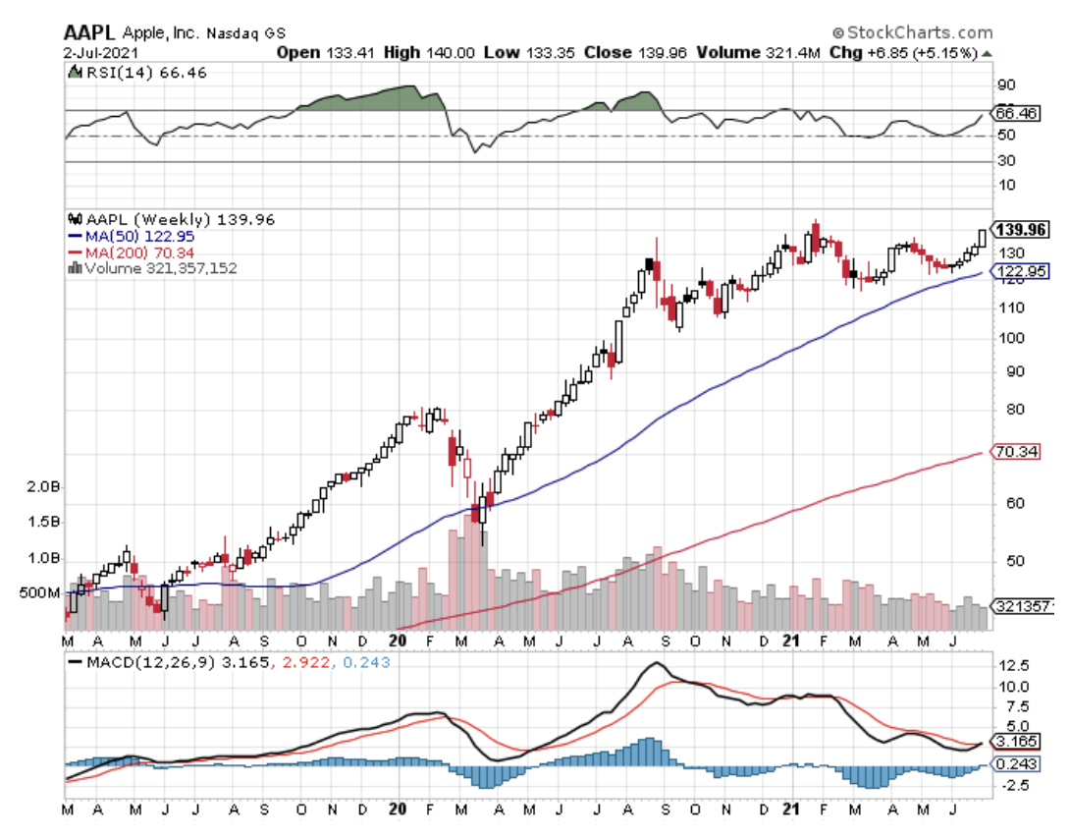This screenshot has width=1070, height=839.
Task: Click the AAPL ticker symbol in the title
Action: click(x=90, y=32)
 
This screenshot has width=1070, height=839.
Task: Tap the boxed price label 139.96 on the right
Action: click(x=1022, y=230)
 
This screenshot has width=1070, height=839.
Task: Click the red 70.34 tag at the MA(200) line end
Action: click(x=1019, y=454)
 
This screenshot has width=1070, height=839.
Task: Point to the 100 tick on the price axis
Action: click(x=1012, y=338)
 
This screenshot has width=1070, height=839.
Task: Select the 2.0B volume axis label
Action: click(x=43, y=487)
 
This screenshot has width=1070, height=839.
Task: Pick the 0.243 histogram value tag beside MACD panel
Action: click(x=1019, y=764)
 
